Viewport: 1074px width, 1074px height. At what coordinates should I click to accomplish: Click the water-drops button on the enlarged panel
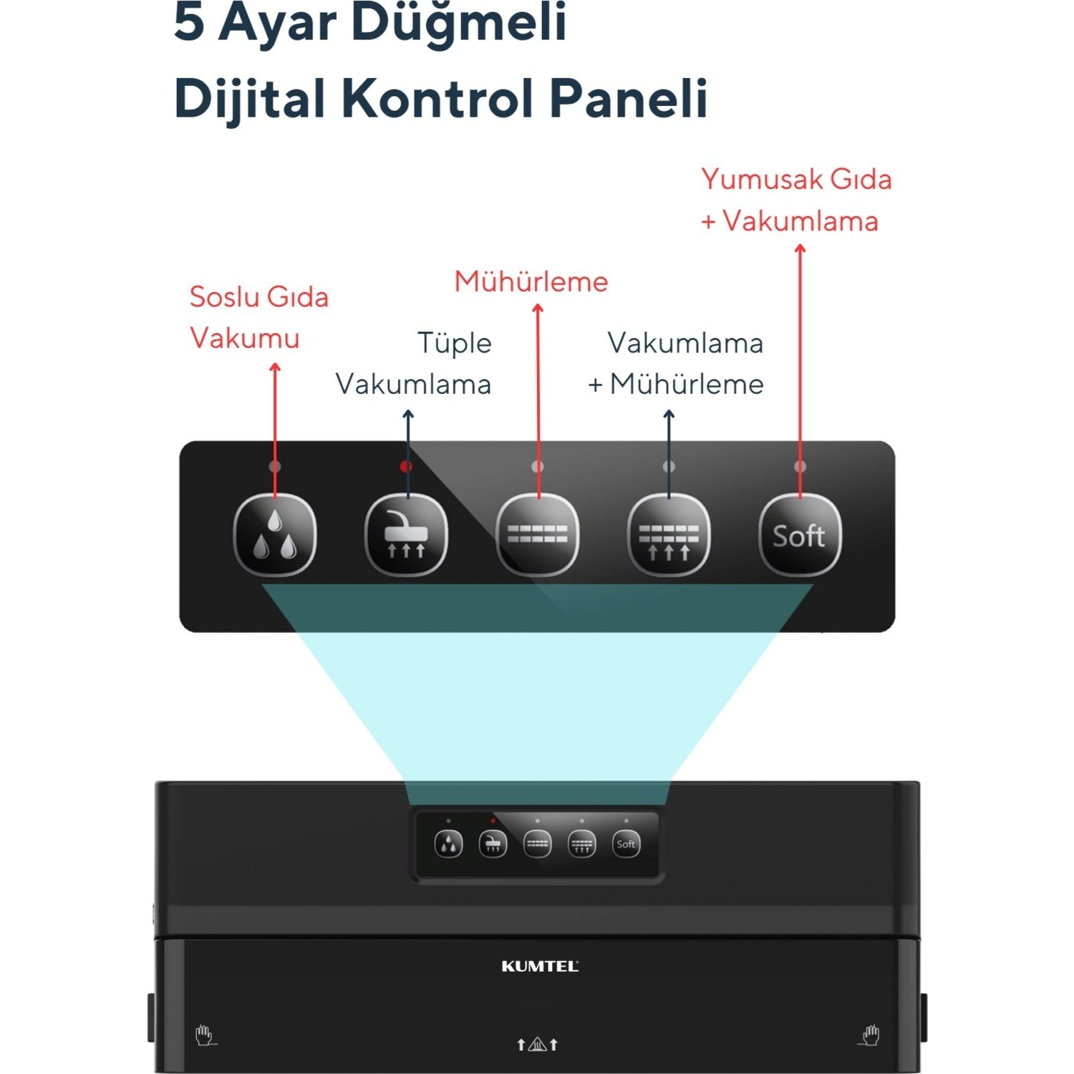(x=275, y=535)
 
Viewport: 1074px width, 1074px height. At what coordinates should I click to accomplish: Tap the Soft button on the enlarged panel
(x=800, y=535)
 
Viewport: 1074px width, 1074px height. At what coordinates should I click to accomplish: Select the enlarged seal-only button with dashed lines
(x=538, y=535)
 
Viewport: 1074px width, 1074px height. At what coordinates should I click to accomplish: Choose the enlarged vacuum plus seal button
(x=669, y=535)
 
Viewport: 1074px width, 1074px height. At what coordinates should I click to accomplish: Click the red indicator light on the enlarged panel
(x=406, y=467)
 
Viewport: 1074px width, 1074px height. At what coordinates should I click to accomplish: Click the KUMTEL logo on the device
(x=540, y=967)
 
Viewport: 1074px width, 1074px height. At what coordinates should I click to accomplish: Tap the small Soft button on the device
(x=626, y=844)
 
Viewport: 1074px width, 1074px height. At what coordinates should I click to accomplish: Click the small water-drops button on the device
(x=449, y=844)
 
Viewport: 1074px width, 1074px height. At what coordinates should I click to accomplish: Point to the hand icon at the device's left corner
(x=205, y=1035)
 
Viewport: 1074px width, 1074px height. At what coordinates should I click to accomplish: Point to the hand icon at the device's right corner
(x=869, y=1035)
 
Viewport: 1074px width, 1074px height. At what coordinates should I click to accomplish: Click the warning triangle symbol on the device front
(x=537, y=1045)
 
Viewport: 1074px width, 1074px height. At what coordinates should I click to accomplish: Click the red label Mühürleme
(x=531, y=282)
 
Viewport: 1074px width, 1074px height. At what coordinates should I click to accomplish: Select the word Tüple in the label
(x=455, y=344)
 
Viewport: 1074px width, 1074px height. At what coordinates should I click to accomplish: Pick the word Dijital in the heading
(x=250, y=99)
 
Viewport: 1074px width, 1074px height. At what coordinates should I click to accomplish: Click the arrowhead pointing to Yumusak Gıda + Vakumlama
(x=800, y=249)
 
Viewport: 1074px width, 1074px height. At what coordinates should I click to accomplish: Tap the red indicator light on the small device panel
(x=493, y=821)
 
